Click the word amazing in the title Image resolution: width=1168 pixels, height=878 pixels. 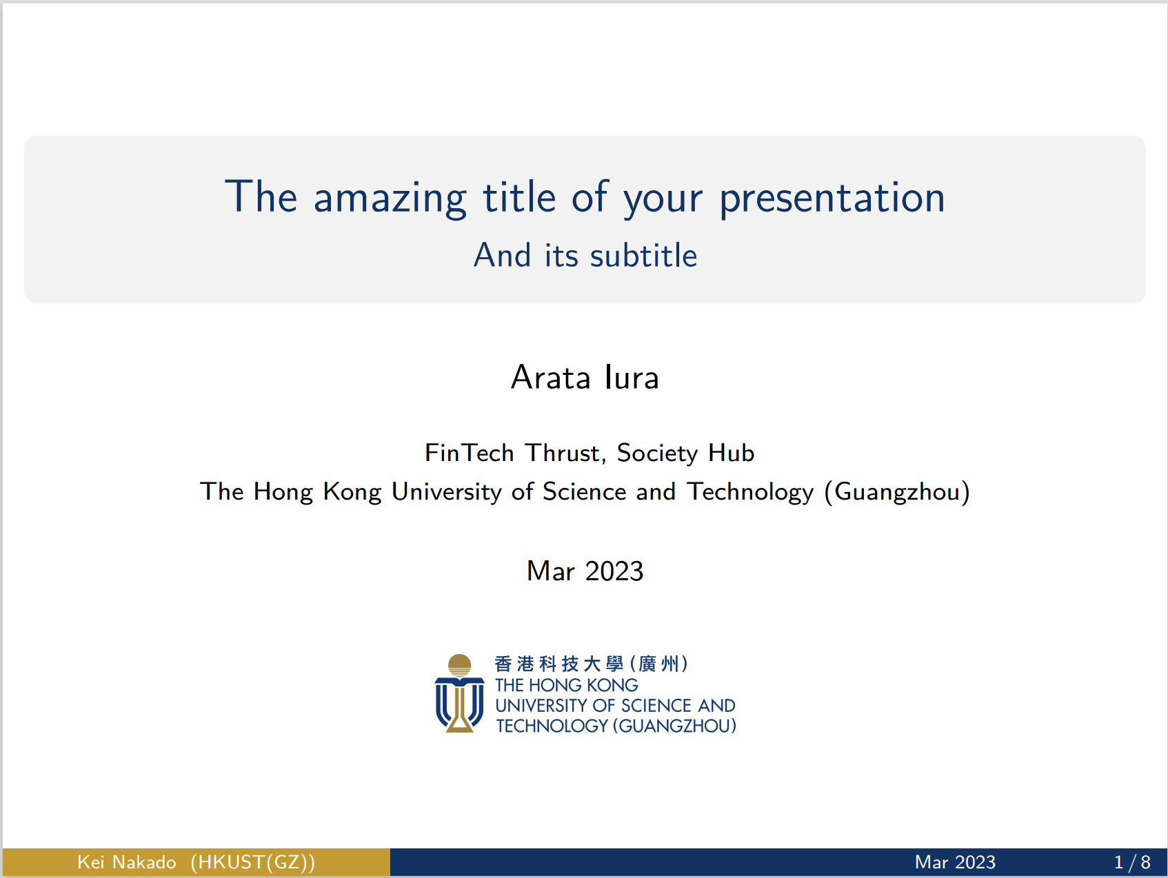coord(390,198)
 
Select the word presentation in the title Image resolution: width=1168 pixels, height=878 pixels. coord(832,198)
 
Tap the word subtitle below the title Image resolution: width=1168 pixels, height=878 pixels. coord(643,256)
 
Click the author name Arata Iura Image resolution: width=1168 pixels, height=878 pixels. coord(585,378)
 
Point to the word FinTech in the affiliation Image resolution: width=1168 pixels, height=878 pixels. coord(470,453)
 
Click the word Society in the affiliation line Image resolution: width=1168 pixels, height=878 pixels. coord(657,453)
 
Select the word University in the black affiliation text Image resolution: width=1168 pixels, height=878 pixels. coord(446,492)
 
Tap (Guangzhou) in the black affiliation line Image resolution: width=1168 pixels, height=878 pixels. coord(897,492)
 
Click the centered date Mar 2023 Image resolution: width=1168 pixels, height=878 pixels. coord(585,571)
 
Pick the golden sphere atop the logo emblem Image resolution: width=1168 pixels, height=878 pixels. coord(459,664)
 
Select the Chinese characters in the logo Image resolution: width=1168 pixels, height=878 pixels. coord(591,664)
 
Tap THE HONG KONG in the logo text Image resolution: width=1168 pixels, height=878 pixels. coord(566,685)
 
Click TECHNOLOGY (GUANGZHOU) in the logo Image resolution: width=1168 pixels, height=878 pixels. coord(616,726)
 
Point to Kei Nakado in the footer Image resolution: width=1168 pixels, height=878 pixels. coord(126,862)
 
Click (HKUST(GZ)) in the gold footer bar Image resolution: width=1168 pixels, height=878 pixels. coord(253,862)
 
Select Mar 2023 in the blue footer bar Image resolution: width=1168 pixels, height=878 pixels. coord(955,862)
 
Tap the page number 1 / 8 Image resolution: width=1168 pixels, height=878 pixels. coord(1131,862)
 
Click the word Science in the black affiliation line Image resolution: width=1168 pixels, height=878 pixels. coord(584,492)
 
